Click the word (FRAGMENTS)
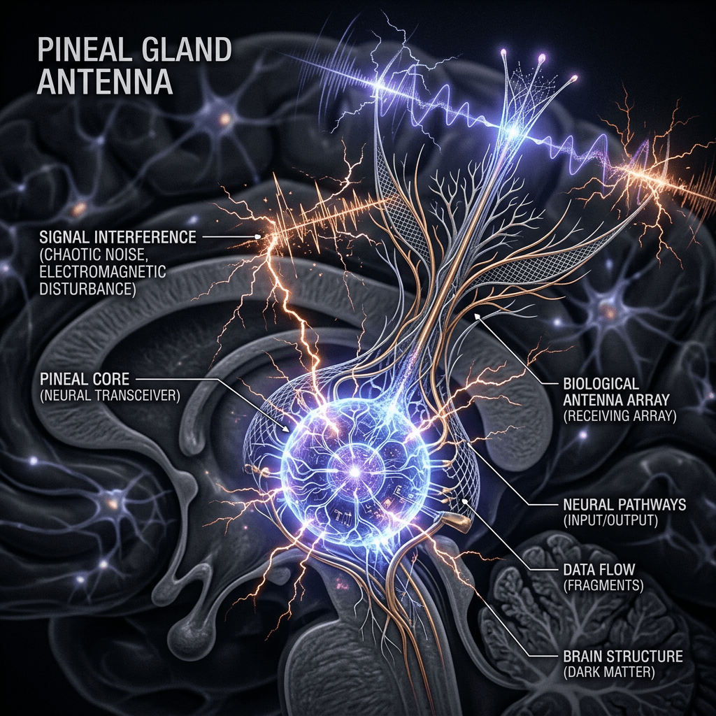coord(603,585)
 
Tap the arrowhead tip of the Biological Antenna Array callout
coord(476,317)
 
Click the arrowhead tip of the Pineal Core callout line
coord(288,429)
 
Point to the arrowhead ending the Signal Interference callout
coord(259,238)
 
